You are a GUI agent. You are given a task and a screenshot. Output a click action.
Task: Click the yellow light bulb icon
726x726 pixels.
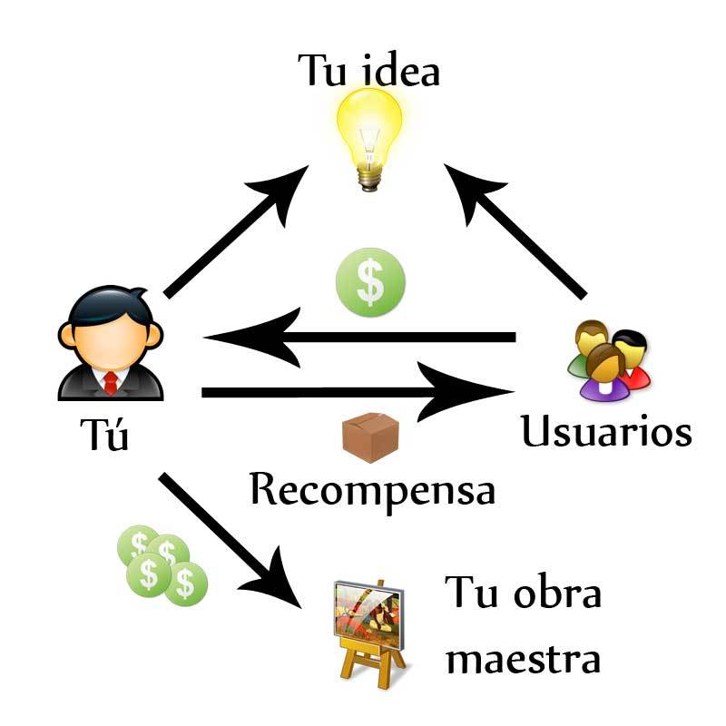(369, 139)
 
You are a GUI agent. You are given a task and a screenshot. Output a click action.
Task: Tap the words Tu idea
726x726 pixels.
(368, 71)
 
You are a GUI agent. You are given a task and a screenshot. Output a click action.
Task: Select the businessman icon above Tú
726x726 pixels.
(111, 343)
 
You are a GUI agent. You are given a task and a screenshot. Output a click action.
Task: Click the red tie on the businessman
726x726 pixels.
(111, 382)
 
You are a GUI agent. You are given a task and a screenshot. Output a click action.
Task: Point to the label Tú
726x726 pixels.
(104, 434)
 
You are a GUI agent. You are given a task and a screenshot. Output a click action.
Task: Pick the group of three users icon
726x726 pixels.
(609, 359)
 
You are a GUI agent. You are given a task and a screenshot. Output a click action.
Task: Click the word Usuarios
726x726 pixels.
(606, 431)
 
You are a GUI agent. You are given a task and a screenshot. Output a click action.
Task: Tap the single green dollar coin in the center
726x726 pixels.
(370, 282)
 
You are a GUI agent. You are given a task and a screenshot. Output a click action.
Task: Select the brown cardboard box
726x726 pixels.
(370, 437)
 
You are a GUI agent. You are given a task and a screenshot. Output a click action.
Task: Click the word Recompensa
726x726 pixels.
(373, 491)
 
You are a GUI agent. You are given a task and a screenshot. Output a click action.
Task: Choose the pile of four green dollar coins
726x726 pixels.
(162, 564)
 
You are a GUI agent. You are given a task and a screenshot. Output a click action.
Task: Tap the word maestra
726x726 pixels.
(524, 660)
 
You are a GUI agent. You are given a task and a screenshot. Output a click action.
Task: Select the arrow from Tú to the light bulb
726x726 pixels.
(236, 231)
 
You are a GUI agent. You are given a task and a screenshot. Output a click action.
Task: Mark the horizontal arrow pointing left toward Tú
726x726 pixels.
(359, 337)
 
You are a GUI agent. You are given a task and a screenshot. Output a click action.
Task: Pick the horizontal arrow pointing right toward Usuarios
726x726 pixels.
(358, 392)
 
